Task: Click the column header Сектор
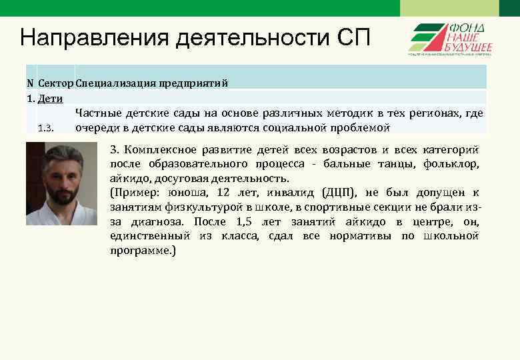coord(55,83)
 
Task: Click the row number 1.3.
coord(46,128)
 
